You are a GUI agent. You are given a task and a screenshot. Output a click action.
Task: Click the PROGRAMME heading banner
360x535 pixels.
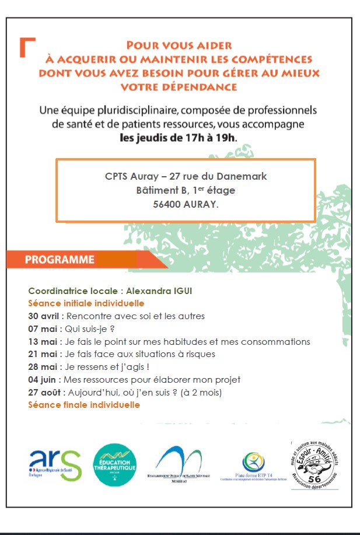click(60, 260)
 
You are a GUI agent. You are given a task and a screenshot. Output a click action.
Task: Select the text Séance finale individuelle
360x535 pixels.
click(84, 405)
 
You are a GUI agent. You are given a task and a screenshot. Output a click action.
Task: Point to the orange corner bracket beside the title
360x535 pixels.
click(27, 47)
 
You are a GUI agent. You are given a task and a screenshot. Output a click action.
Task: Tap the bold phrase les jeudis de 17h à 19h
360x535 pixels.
click(178, 138)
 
